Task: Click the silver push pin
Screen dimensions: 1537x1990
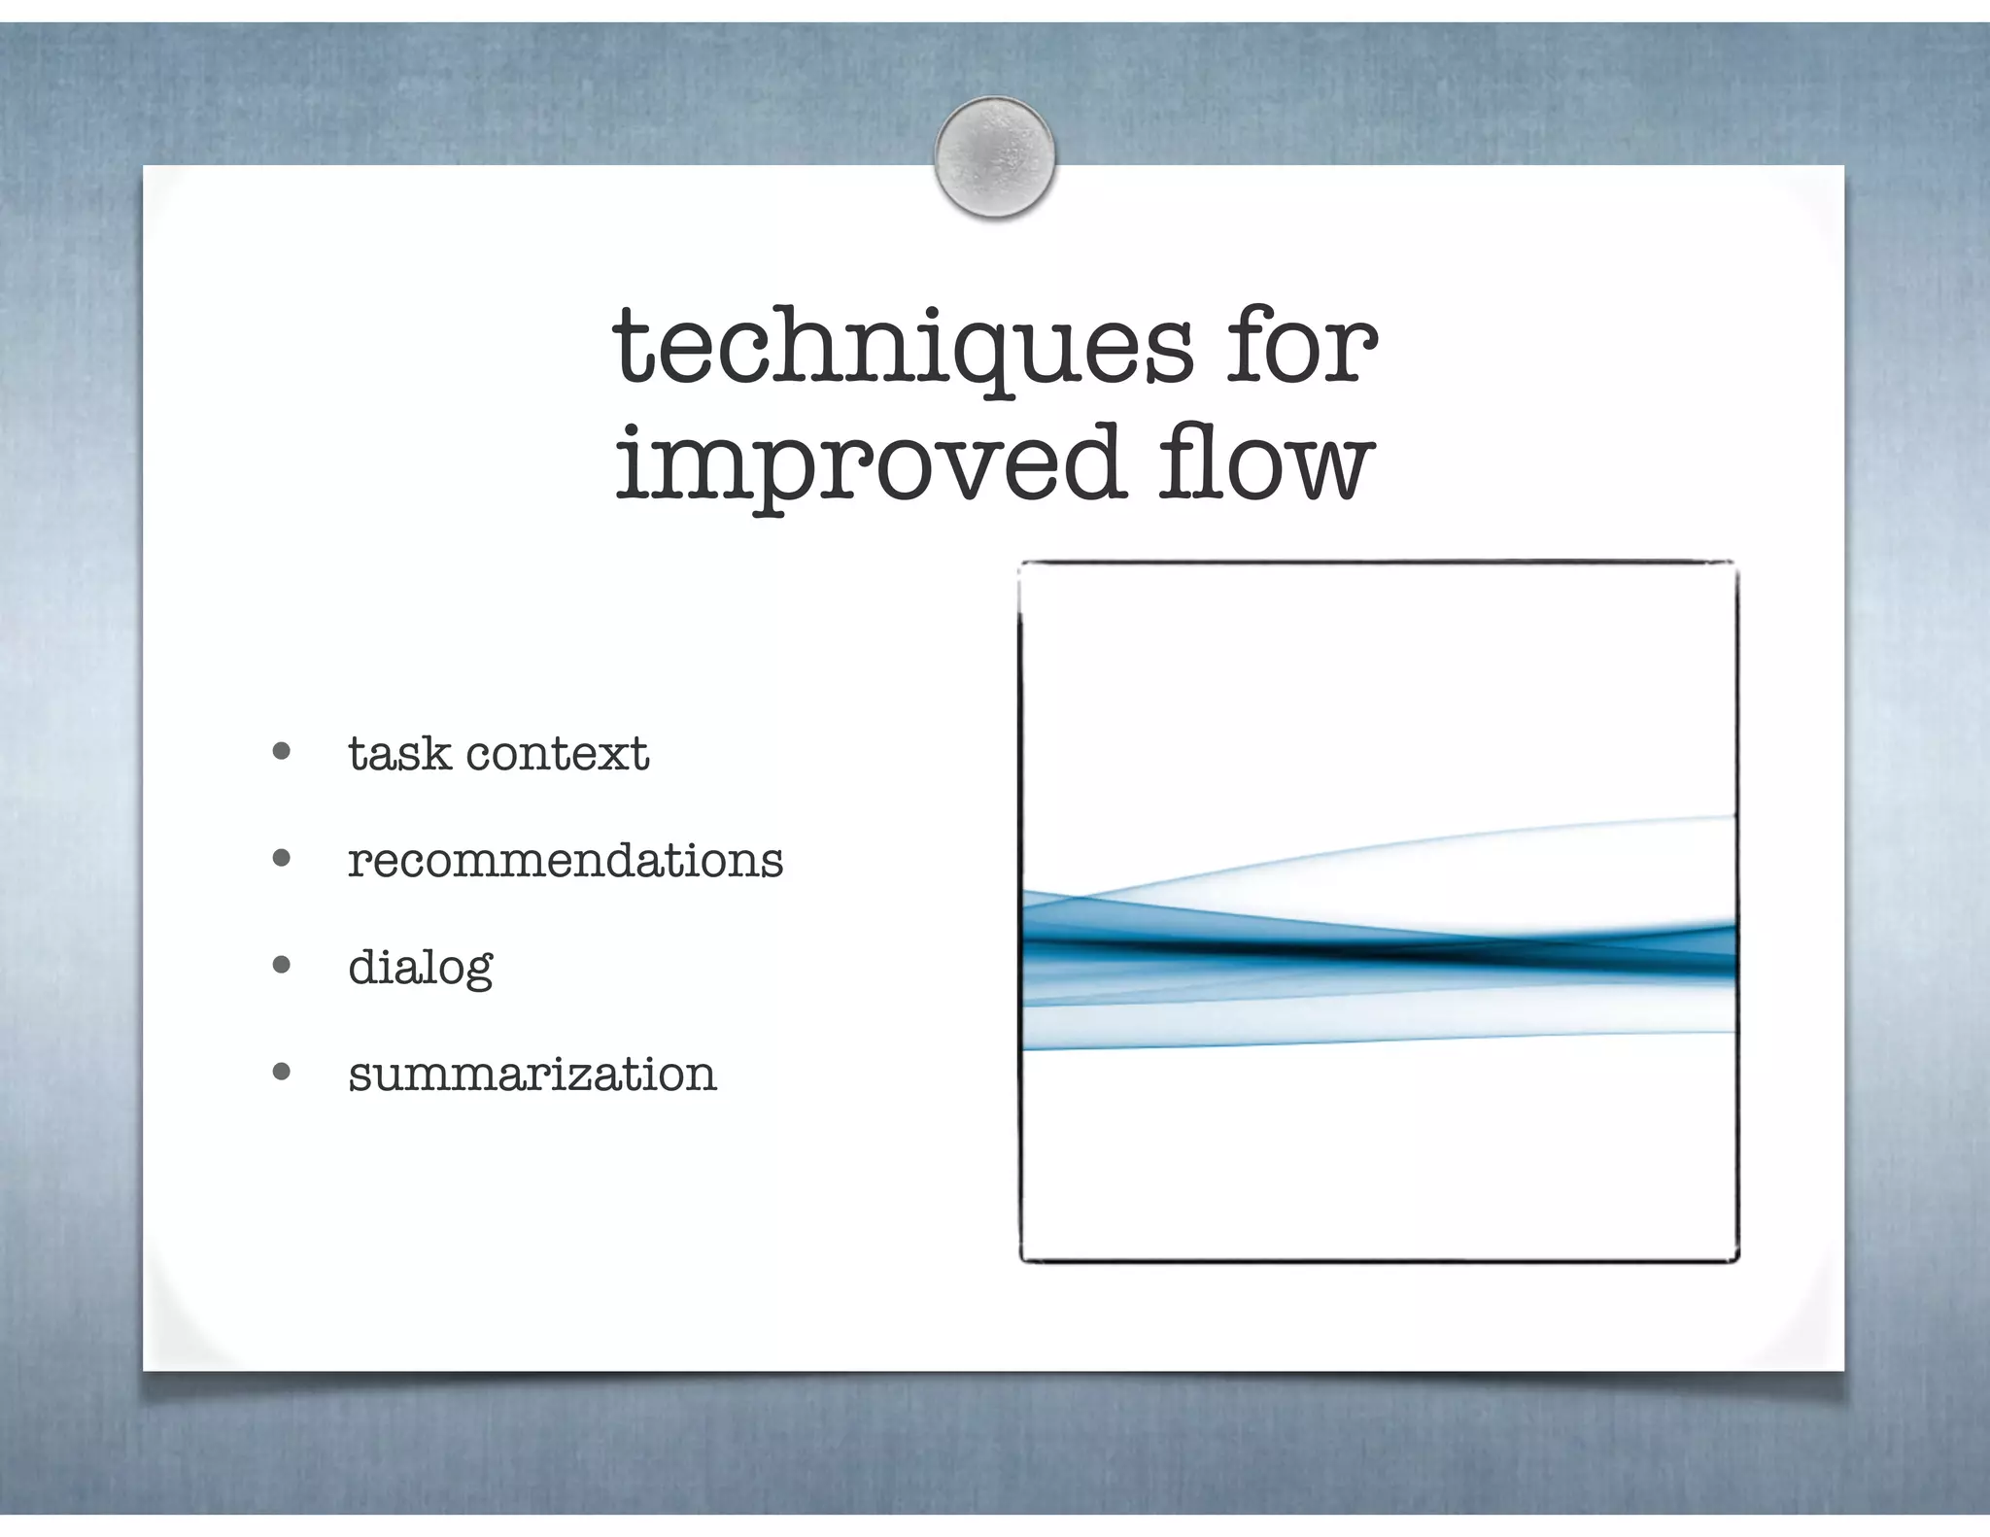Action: click(x=994, y=155)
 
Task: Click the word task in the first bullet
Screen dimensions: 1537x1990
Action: click(x=399, y=753)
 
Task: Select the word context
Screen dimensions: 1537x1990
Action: click(x=557, y=755)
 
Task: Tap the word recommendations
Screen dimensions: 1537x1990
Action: click(x=565, y=860)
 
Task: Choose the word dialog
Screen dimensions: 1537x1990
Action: click(x=420, y=969)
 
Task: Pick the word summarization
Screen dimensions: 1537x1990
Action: click(x=532, y=1075)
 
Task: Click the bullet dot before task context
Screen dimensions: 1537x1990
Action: click(x=282, y=751)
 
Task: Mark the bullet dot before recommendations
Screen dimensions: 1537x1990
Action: click(x=282, y=858)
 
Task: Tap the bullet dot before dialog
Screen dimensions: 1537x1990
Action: click(x=282, y=965)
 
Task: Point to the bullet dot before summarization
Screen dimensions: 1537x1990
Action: click(x=282, y=1072)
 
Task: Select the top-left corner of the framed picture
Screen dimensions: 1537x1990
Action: click(x=1021, y=564)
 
